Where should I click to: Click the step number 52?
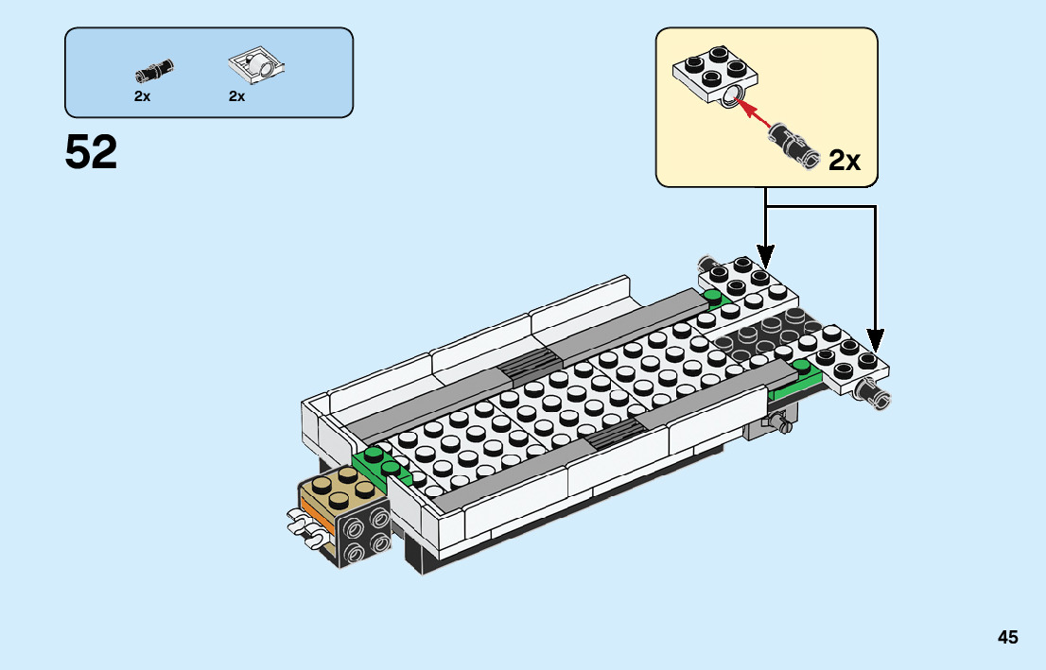pos(92,153)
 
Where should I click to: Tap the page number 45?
pos(1007,638)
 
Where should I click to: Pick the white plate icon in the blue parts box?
pos(256,66)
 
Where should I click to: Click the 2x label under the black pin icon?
pos(142,96)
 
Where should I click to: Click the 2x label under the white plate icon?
pos(236,96)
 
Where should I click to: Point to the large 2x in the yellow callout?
pos(844,161)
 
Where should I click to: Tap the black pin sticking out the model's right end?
pos(872,393)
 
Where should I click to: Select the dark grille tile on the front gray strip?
pos(615,433)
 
